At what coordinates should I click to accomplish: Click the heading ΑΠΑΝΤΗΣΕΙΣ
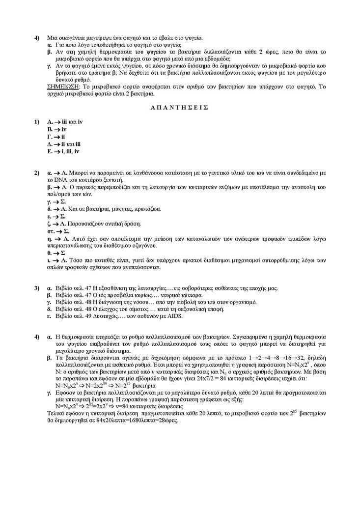pyautogui.click(x=179, y=106)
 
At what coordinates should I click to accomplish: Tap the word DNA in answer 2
pyautogui.click(x=67, y=180)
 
